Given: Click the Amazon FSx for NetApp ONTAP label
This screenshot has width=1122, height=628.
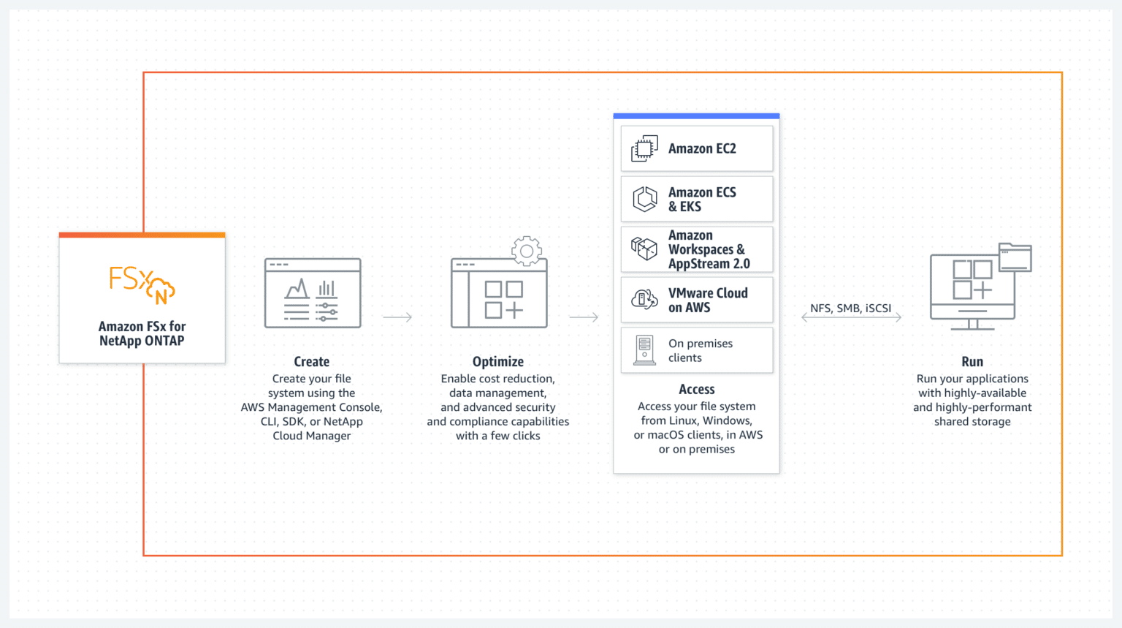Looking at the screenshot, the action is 142,333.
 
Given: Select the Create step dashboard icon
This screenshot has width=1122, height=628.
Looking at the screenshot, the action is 313,293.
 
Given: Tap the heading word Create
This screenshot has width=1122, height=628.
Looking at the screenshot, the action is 312,361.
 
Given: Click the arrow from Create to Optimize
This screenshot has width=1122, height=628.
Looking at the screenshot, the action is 397,317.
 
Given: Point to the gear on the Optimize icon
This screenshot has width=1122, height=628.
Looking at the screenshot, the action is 527,251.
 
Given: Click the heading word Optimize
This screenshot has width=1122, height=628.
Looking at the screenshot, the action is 498,361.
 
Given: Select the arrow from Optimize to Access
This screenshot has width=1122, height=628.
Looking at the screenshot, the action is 584,317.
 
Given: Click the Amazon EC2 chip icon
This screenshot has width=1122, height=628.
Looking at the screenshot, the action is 645,148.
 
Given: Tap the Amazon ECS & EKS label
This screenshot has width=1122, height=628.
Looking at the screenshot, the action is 702,200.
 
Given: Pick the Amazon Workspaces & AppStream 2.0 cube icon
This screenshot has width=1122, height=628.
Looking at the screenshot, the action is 644,249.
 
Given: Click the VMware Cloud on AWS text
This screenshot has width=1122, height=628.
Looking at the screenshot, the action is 708,300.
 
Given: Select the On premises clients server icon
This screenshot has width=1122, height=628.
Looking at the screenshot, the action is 645,350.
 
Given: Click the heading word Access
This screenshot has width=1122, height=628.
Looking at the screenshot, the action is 696,389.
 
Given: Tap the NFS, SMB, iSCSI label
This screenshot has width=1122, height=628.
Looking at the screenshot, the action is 850,309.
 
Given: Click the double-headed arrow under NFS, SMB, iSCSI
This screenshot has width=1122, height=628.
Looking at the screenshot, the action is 852,317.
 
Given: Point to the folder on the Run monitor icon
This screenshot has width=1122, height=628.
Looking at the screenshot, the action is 1015,257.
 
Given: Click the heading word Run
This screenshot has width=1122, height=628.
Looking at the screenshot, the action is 972,361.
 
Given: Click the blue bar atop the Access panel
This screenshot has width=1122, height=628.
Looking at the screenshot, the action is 696,116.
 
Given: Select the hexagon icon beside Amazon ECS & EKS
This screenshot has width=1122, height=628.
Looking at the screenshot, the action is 645,199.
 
